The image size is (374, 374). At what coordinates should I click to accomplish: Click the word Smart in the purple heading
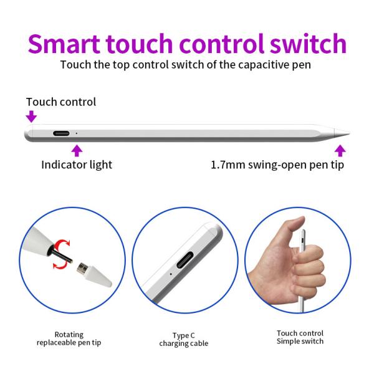tap(64, 44)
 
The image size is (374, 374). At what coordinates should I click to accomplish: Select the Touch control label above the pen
tap(61, 102)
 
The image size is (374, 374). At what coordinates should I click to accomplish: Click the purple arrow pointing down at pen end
tap(31, 117)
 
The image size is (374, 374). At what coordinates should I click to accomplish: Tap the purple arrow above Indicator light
tap(77, 151)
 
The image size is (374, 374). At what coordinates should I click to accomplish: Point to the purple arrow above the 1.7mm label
tap(340, 151)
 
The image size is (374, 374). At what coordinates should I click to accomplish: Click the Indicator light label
tap(77, 165)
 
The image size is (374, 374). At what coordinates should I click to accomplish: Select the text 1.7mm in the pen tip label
tap(228, 165)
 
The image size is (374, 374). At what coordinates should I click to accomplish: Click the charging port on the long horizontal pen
tap(61, 133)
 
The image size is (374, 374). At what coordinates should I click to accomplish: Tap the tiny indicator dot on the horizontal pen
tap(76, 133)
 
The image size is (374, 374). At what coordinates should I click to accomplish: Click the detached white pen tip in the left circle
tap(94, 274)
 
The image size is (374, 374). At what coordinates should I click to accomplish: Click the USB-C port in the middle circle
tap(186, 260)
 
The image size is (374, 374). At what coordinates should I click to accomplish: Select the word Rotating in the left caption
tap(69, 335)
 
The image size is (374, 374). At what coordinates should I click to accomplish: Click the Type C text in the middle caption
tap(184, 335)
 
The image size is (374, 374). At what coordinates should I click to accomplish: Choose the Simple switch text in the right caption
tap(300, 342)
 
